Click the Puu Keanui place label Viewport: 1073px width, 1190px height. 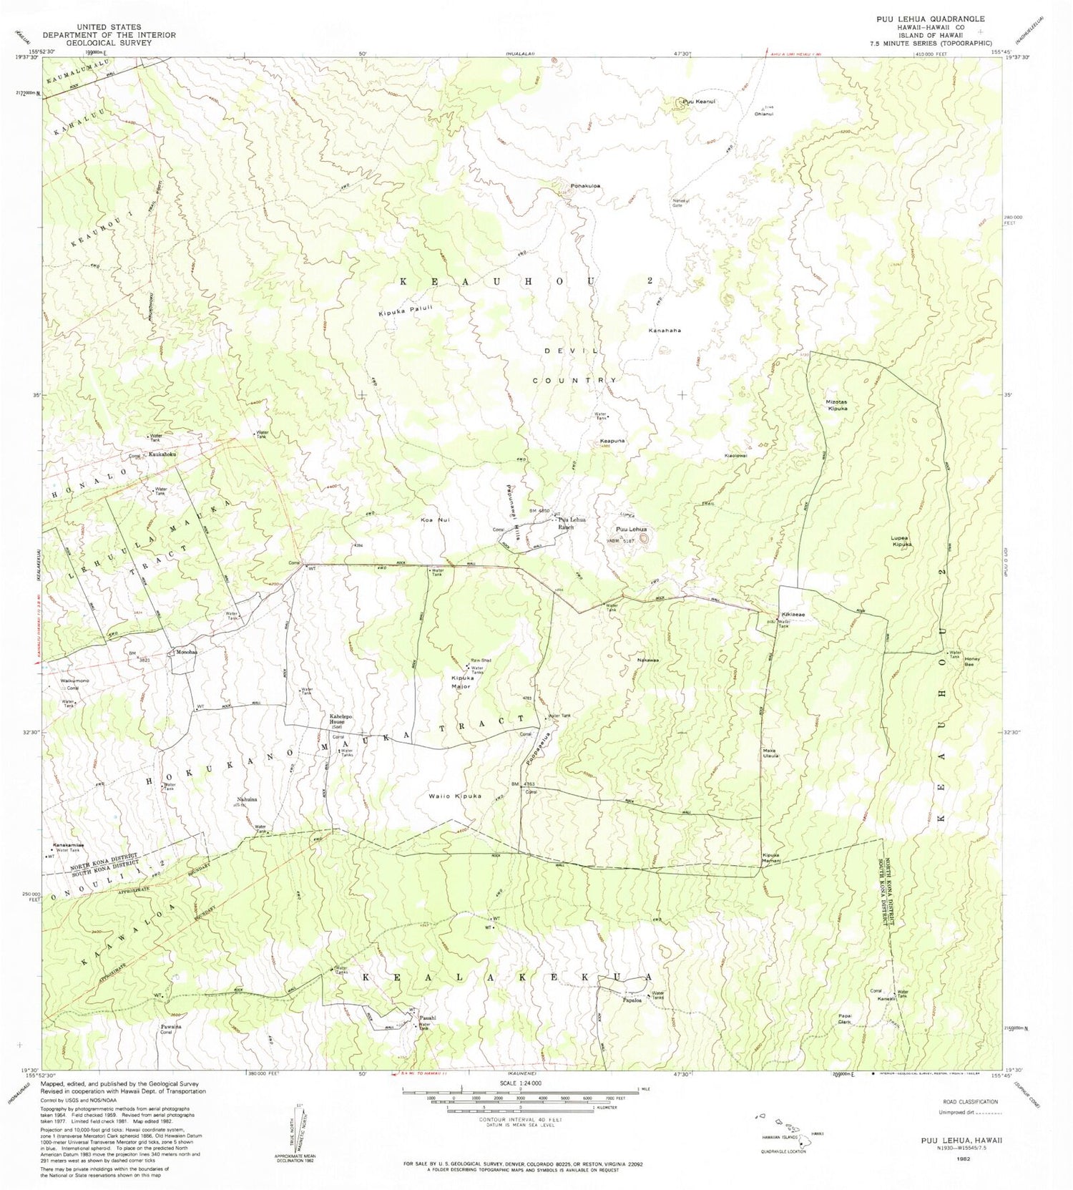(700, 102)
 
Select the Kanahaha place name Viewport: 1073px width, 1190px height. (665, 331)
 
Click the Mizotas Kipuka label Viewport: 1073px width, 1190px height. (837, 406)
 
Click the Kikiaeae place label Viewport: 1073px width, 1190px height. (793, 615)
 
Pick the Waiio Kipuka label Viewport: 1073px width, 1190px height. (454, 796)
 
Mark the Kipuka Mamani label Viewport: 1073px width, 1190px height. (771, 858)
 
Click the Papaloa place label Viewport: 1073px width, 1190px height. (632, 1000)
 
